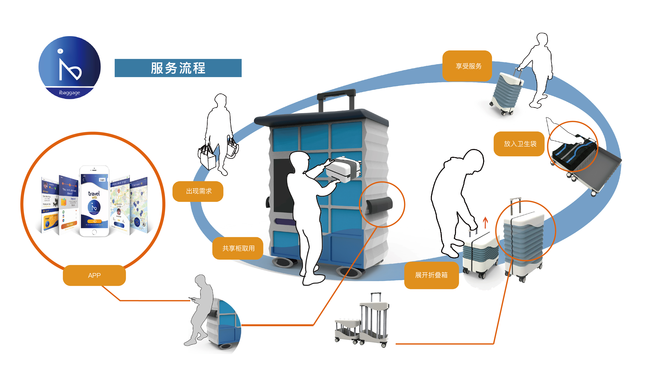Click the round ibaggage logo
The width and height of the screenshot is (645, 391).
tap(69, 67)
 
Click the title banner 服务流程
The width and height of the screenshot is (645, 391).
tap(178, 68)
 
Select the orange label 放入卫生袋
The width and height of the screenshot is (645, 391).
tap(520, 144)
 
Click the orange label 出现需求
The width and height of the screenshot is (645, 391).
tap(198, 191)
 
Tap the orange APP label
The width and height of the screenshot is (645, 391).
tap(94, 275)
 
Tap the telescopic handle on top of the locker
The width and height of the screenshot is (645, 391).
tap(336, 99)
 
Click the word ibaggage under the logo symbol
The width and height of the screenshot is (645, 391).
tap(69, 93)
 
